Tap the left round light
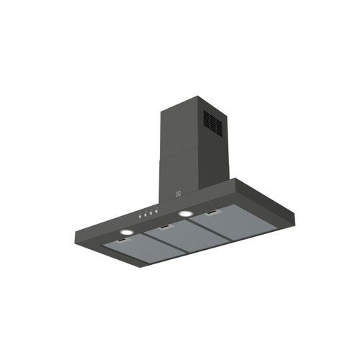[126, 233]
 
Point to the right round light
[186, 214]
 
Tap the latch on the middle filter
[166, 228]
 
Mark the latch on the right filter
[214, 214]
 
